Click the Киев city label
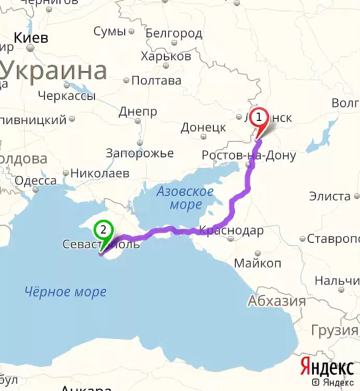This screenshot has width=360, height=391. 31,38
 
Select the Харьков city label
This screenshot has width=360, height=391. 166,56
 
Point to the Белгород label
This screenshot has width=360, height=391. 174,34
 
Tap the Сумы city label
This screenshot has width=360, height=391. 110,31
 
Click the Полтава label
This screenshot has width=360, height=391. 156,80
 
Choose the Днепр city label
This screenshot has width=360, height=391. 138,112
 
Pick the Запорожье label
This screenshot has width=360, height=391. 139,153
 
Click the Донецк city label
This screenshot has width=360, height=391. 203,128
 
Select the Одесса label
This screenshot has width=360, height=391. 35,181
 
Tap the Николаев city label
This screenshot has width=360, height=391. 100,173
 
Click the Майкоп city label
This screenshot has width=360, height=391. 257,263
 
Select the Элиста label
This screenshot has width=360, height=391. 330,196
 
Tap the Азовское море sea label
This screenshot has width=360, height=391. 185,198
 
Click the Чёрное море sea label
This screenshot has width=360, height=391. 65,292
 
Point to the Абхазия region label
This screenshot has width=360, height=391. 277,301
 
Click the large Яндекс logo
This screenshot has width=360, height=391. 327,367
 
